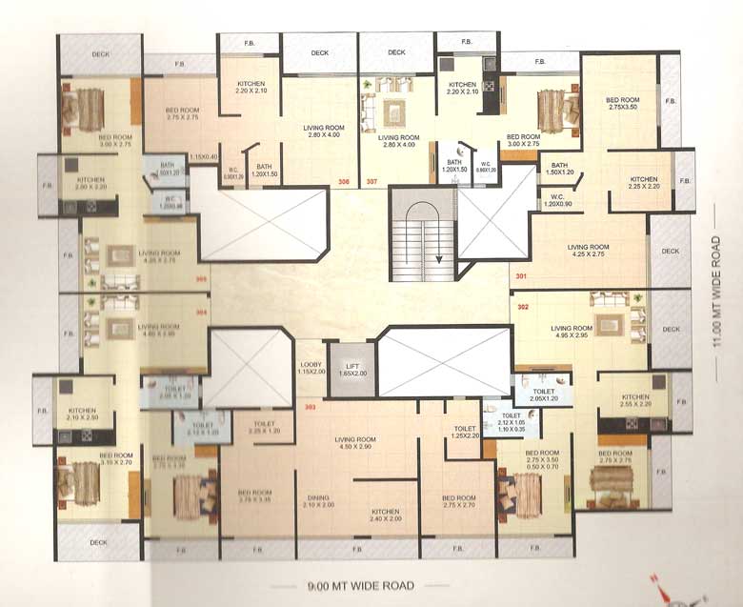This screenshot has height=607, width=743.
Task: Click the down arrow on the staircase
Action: click(439, 256)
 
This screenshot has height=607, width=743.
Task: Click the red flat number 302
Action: click(523, 307)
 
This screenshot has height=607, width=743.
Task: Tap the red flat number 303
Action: click(310, 407)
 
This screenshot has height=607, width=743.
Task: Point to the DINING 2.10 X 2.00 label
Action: click(318, 501)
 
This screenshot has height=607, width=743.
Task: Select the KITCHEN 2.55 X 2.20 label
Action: click(635, 401)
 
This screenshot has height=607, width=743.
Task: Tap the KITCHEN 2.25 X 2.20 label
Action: click(644, 183)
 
